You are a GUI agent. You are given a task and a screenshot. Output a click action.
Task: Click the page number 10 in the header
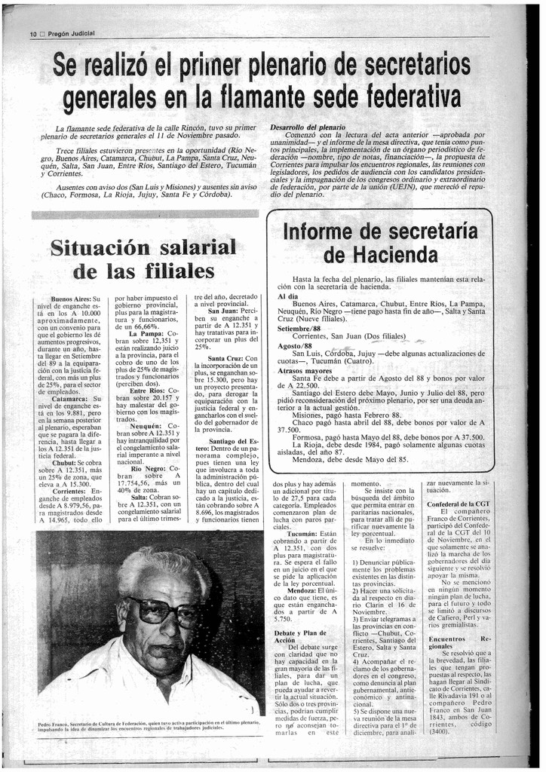pos(33,35)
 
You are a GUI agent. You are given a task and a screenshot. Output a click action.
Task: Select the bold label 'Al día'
pos(287,296)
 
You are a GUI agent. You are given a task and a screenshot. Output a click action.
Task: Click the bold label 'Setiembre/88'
pos(299,329)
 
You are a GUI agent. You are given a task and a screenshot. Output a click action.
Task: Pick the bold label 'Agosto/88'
pos(295,345)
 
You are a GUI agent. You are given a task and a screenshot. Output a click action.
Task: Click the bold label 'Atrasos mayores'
pos(305,371)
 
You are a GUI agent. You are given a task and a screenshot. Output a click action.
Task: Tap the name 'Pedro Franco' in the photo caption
pos(54,723)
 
